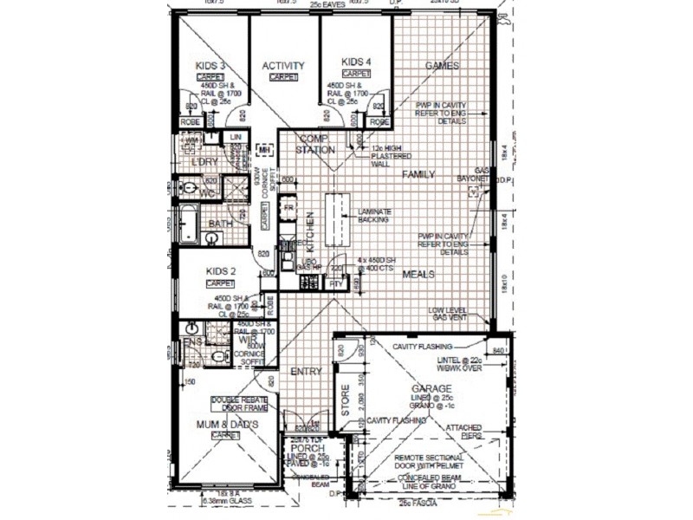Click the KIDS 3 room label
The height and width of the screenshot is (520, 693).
click(x=210, y=66)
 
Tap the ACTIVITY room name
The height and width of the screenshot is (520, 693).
click(x=283, y=66)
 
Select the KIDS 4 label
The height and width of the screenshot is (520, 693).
click(x=356, y=62)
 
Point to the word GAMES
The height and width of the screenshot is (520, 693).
click(x=442, y=66)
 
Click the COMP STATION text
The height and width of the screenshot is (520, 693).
click(x=317, y=144)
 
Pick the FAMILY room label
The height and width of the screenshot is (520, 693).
click(x=418, y=174)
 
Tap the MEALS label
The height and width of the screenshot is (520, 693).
click(x=417, y=275)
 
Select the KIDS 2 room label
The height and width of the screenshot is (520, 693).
click(x=221, y=271)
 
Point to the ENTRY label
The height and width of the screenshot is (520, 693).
click(x=306, y=371)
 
